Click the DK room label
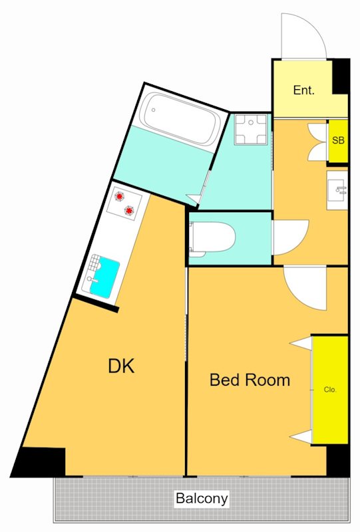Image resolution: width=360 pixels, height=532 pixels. point(121,366)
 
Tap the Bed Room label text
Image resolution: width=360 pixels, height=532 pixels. point(250,380)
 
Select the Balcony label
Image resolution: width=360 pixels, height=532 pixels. point(202,498)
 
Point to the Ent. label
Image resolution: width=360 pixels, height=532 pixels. point(303,90)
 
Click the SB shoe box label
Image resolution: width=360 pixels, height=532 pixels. point(338,140)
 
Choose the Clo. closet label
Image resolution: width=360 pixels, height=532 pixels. point(330,390)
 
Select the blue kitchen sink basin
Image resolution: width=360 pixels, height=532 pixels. point(104,277)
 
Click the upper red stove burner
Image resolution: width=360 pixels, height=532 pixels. point(119,196)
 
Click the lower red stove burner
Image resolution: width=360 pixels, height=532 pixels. point(129,211)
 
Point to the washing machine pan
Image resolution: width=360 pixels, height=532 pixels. point(251,130)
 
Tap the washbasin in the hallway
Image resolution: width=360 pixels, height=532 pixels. point(337,190)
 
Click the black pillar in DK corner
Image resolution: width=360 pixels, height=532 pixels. point(39,462)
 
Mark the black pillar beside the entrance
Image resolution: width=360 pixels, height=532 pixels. point(341,76)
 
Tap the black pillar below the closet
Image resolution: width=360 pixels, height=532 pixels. point(338,460)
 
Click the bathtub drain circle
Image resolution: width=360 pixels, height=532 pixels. point(154,110)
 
